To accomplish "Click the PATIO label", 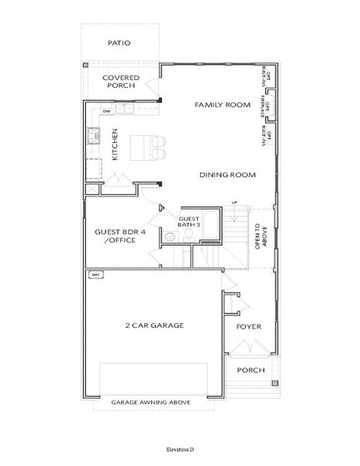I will (x=120, y=43).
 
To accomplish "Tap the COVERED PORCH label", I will (x=120, y=82).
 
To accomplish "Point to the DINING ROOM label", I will (x=227, y=175).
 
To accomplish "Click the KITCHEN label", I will (x=114, y=144).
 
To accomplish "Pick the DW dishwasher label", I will (x=106, y=113).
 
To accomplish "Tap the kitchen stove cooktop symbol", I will (x=93, y=137).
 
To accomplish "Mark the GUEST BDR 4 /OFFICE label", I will (x=116, y=235).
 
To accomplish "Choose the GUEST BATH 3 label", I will (x=189, y=223).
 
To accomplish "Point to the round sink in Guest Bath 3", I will (x=168, y=237).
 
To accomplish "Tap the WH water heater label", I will (x=95, y=274).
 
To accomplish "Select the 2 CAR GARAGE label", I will (x=154, y=325).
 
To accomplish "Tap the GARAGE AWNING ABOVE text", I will (x=151, y=403).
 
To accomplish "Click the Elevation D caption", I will (x=179, y=450).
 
